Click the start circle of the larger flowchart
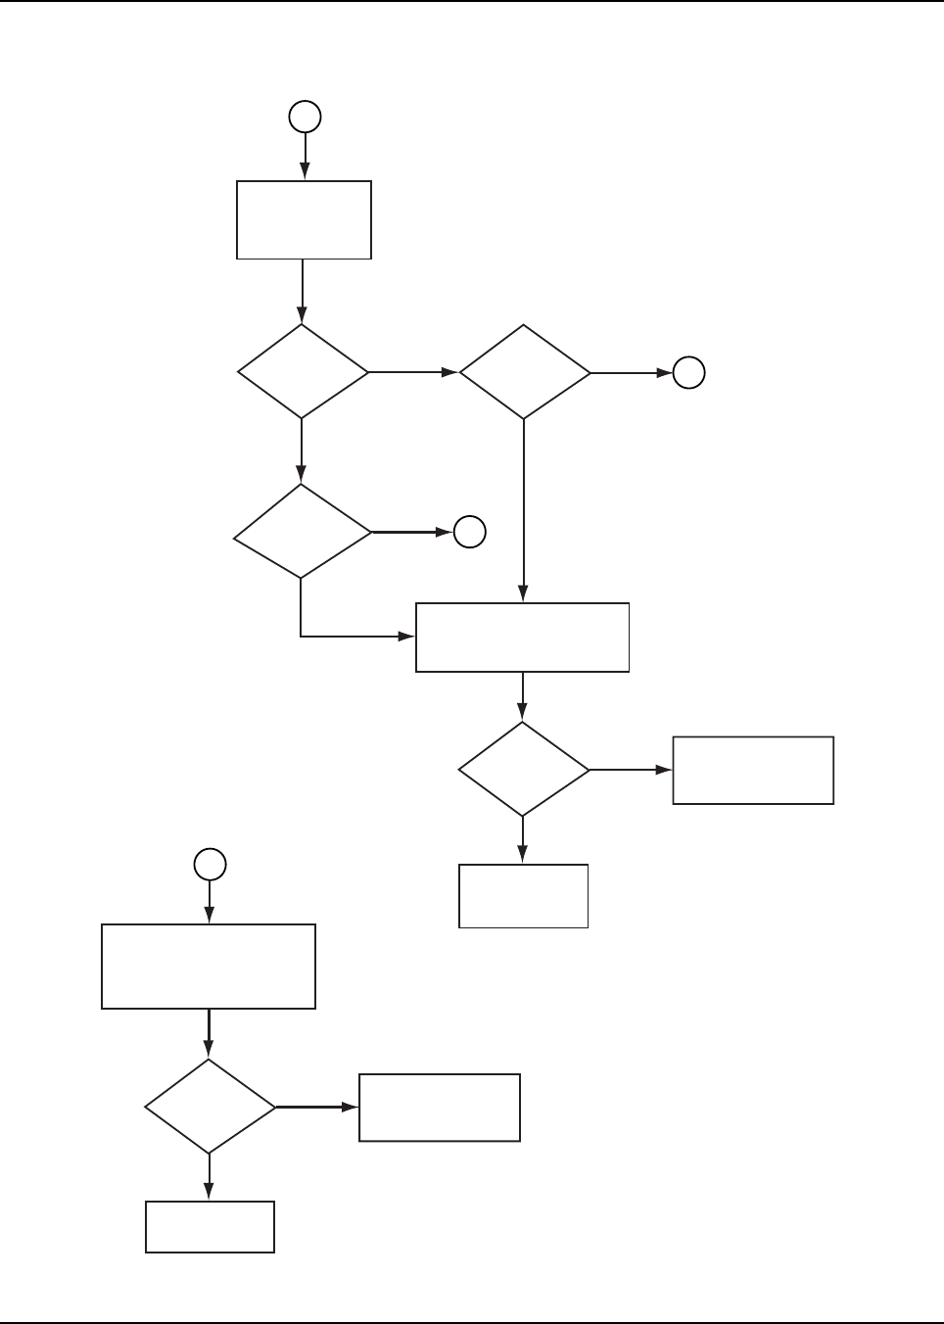click(x=305, y=117)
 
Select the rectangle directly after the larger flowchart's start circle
click(x=304, y=219)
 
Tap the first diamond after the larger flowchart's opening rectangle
click(x=303, y=372)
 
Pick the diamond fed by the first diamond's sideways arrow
click(x=524, y=373)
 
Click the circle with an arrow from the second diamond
click(x=688, y=373)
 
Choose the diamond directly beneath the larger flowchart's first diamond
click(x=302, y=532)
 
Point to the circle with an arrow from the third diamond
click(x=470, y=532)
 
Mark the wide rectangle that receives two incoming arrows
click(x=522, y=638)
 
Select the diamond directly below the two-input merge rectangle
click(x=523, y=770)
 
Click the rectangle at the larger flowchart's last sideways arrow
click(x=752, y=771)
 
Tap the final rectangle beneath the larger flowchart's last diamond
click(x=523, y=895)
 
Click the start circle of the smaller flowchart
click(x=210, y=864)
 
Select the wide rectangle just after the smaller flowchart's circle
click(x=209, y=966)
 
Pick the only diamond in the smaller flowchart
click(x=210, y=1107)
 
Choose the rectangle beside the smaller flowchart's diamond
click(x=439, y=1108)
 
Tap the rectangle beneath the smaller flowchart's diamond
click(x=210, y=1226)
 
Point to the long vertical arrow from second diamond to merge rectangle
click(x=523, y=509)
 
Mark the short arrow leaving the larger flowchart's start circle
click(x=305, y=155)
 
